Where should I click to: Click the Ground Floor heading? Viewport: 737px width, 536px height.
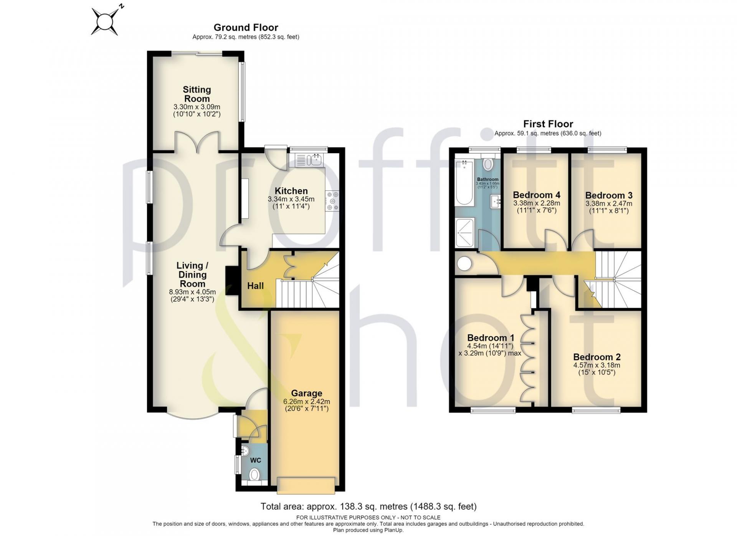(x=246, y=27)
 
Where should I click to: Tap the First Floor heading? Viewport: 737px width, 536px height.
(x=548, y=124)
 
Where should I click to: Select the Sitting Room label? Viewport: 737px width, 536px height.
(x=197, y=94)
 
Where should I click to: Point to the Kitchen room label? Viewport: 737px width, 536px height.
(x=291, y=191)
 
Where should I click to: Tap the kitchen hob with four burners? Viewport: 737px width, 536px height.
(x=332, y=201)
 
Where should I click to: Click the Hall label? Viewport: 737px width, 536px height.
(x=255, y=286)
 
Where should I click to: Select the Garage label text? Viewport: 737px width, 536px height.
(x=306, y=393)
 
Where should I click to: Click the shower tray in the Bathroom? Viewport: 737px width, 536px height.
(x=465, y=232)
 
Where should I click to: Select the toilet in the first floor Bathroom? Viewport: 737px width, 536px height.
(x=488, y=164)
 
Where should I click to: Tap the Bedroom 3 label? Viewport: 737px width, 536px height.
(x=609, y=195)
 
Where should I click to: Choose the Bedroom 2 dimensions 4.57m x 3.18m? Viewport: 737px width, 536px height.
(x=597, y=365)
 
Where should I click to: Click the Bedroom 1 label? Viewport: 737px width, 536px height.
(x=490, y=338)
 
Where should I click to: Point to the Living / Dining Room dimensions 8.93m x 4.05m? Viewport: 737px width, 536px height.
(x=192, y=292)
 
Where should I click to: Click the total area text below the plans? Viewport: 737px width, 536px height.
(x=368, y=506)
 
